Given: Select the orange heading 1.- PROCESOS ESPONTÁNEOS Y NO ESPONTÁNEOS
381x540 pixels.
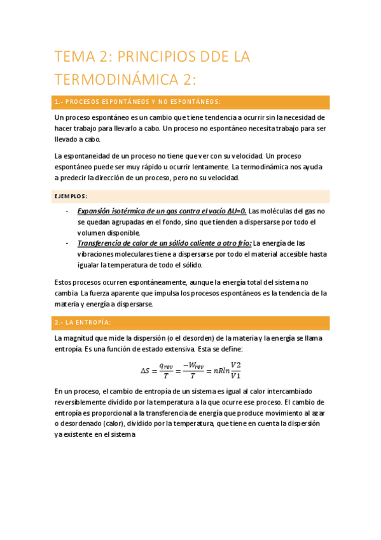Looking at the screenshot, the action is coord(138,102).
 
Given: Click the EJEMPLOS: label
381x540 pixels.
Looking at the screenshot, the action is coord(71,196).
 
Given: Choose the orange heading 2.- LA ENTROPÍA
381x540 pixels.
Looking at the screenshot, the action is coord(83,323).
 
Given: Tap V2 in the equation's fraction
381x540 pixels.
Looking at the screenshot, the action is coord(236,364).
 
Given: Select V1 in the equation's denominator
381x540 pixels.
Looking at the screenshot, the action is coord(236,376).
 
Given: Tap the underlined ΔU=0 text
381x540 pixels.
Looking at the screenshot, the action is coord(234,211).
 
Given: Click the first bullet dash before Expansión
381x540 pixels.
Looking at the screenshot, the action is coord(67,211).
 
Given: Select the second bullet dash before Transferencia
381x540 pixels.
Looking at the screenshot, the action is coord(67,243).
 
